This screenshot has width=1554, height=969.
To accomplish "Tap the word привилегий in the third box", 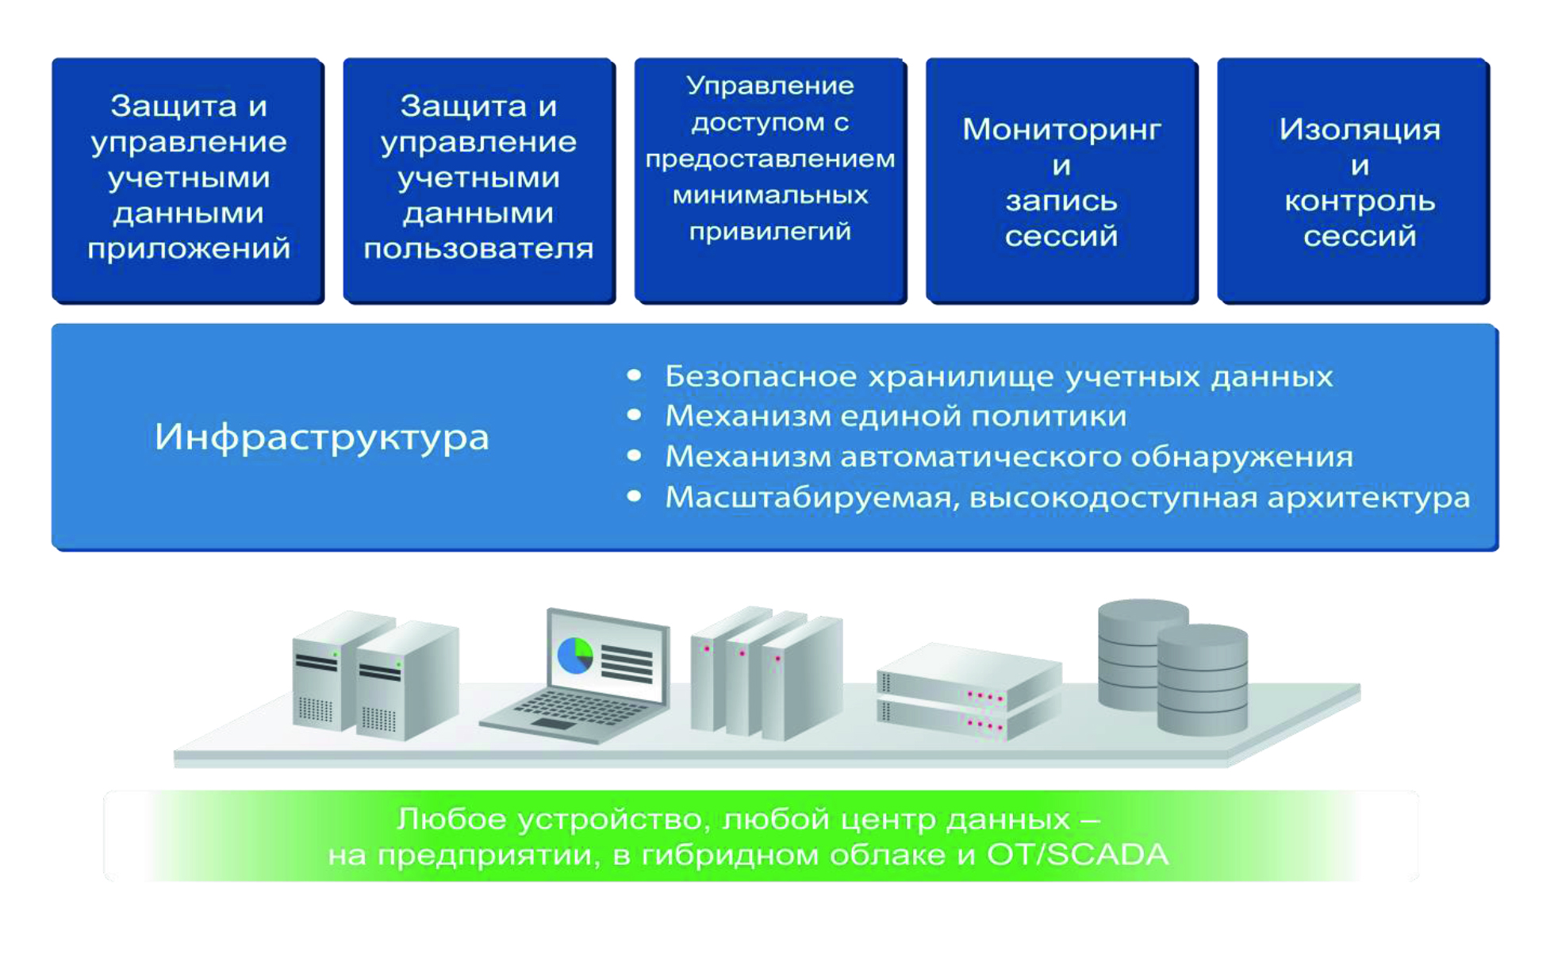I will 769,232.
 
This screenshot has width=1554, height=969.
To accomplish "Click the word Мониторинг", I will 1061,129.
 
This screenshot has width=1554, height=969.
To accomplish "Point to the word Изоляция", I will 1359,129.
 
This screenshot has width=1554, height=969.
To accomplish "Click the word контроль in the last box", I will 1359,202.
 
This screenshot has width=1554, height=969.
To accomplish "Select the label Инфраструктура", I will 321,437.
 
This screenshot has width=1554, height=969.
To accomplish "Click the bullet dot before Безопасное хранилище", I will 634,375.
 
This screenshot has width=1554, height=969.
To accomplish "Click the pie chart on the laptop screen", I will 575,656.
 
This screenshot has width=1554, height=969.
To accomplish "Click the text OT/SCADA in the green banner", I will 1076,856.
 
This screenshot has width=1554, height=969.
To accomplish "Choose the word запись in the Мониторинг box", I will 1061,202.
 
